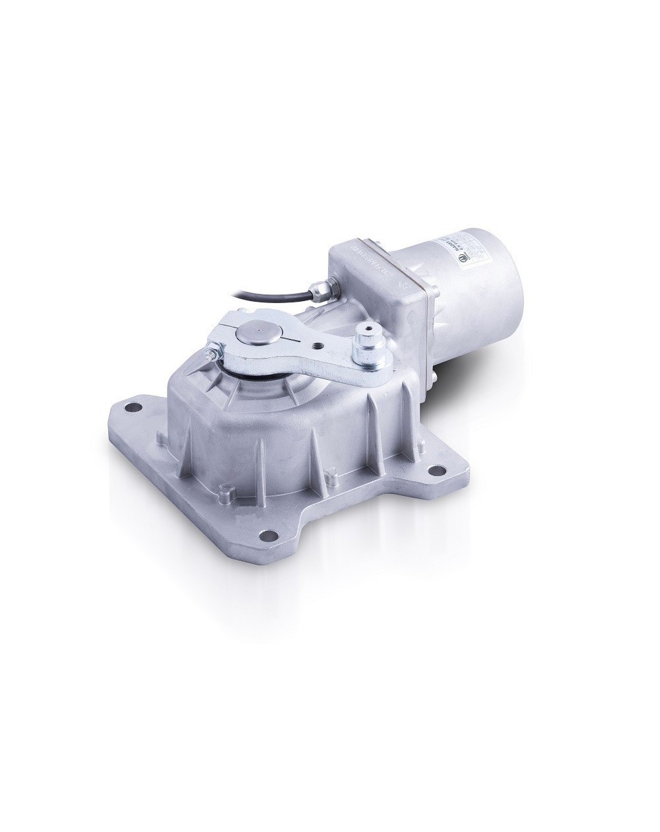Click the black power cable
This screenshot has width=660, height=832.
(264, 261)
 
